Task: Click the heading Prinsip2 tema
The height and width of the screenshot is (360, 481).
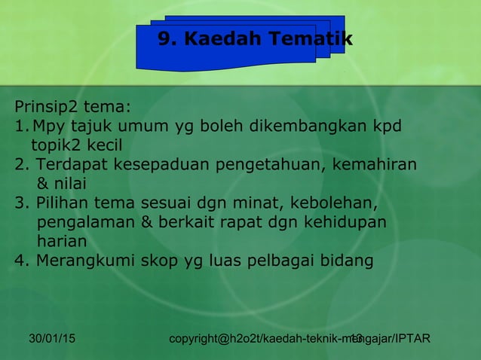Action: pos(72,105)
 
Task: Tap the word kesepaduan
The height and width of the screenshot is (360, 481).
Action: pos(154,164)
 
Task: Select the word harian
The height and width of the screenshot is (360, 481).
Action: pos(61,243)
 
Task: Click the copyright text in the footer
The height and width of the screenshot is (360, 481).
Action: pos(300,340)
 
